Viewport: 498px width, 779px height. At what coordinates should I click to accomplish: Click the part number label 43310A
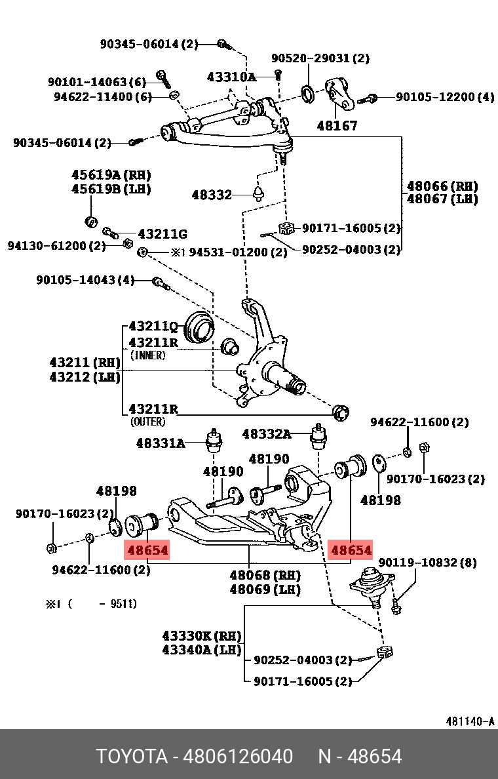pos(231,77)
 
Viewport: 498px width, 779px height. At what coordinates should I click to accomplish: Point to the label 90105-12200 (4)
pos(445,97)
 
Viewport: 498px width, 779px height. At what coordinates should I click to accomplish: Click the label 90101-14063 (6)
pos(96,82)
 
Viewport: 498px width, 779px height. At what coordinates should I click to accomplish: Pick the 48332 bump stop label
pos(212,195)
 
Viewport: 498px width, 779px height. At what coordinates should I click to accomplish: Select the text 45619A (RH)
pos(111,175)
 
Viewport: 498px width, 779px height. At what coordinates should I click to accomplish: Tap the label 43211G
pos(162,234)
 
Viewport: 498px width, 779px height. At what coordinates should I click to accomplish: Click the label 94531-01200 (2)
pos(238,252)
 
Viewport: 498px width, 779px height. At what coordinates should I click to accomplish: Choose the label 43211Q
pos(153,326)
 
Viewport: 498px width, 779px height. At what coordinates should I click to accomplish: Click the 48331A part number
pos(161,443)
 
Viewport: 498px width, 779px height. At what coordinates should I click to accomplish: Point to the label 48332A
pos(266,433)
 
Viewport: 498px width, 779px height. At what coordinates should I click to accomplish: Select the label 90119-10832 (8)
pos(427,562)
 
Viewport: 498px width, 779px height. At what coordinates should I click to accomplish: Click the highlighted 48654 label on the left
pos(147,550)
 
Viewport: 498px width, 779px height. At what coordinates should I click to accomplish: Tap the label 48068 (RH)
pos(264,575)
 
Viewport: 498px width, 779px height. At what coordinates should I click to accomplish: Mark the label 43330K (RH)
pos(202,636)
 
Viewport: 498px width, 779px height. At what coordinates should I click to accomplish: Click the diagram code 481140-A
pos(470,721)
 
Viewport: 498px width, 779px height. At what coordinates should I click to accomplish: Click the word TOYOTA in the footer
pos(131,757)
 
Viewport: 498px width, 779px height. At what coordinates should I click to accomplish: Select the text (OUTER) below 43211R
pos(147,422)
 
